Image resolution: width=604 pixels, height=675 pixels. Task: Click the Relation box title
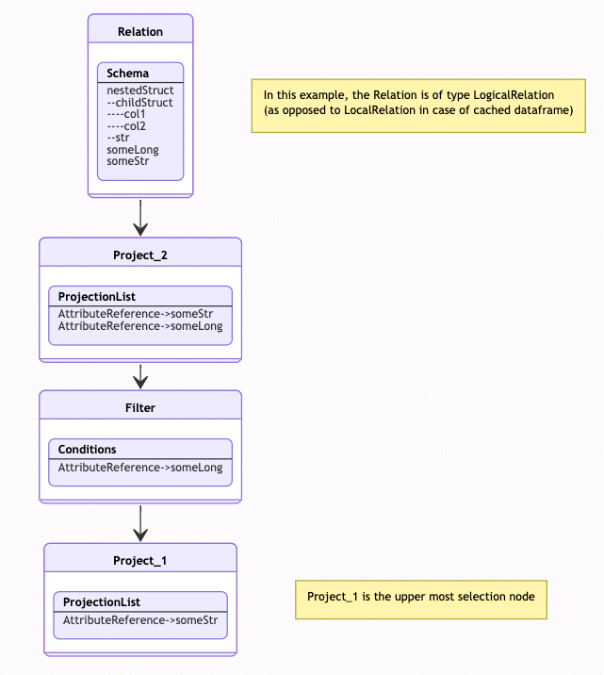click(x=140, y=32)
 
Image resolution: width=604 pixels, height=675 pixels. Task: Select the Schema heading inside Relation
click(x=128, y=74)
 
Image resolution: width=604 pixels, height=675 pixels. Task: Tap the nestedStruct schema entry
click(x=140, y=91)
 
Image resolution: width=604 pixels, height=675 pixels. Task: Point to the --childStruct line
click(x=139, y=103)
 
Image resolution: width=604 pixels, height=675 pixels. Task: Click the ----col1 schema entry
click(x=126, y=114)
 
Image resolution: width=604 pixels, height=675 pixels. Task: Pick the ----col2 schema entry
click(x=126, y=126)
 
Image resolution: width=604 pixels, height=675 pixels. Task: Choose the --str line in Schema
click(x=118, y=138)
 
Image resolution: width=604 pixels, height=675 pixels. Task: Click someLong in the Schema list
click(x=133, y=150)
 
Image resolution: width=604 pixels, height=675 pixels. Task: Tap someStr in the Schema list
click(x=128, y=161)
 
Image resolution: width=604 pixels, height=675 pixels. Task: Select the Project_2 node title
click(x=140, y=255)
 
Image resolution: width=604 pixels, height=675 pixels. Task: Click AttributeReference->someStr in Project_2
click(x=136, y=314)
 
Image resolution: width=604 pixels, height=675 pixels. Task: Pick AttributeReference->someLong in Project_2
click(x=140, y=326)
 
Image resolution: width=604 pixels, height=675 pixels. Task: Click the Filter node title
click(x=140, y=408)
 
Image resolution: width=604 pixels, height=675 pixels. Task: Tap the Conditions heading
click(x=87, y=450)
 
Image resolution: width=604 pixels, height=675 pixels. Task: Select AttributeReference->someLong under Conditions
click(x=140, y=468)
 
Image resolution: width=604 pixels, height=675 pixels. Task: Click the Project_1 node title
click(x=139, y=561)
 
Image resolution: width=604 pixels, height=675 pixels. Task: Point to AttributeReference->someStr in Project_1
click(x=140, y=620)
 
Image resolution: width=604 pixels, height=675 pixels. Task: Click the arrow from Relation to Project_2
click(x=140, y=218)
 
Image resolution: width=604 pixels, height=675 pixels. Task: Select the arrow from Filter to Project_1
click(x=140, y=523)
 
